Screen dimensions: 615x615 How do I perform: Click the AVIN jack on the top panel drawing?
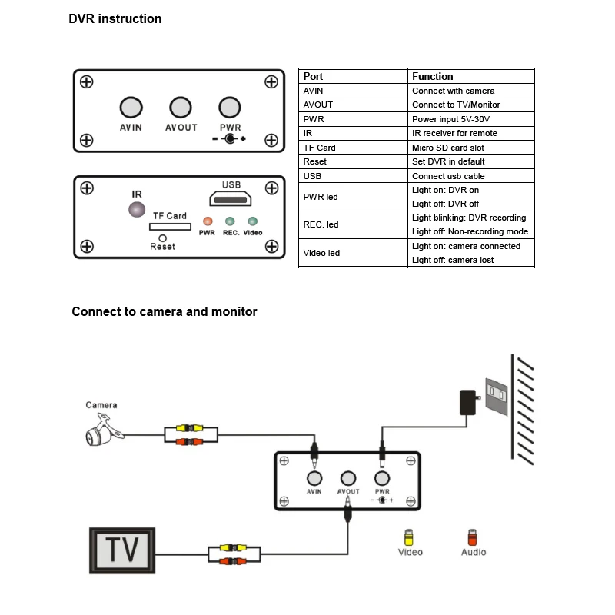tap(131, 108)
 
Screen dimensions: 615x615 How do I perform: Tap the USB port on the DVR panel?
tap(230, 199)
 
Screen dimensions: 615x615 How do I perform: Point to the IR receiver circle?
tap(137, 209)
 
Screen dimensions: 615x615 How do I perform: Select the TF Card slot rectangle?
tap(170, 227)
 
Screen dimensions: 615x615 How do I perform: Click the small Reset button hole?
tap(162, 238)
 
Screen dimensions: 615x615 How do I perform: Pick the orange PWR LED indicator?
tap(208, 221)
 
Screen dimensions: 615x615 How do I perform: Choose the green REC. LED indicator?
tap(230, 221)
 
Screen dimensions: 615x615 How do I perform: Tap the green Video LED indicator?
tap(253, 221)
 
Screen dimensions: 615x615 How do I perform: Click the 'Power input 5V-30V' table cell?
tap(471, 119)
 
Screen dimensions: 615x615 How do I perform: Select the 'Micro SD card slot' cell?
tap(471, 148)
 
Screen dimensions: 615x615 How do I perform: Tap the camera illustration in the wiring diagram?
tap(104, 430)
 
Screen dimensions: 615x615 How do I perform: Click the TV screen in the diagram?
tap(122, 550)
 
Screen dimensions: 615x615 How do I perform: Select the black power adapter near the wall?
tap(468, 402)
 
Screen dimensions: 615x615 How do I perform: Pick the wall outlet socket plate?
tap(497, 396)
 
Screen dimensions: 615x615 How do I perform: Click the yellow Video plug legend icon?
tap(409, 537)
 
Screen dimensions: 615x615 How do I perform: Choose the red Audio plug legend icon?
tap(472, 537)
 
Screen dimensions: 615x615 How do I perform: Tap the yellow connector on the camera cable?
tap(189, 428)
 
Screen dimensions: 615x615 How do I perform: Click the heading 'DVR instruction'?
tap(115, 18)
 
